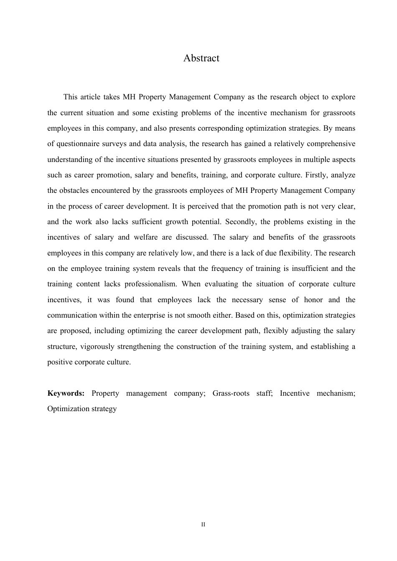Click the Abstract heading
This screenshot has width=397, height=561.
click(201, 58)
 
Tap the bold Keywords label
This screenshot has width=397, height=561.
click(66, 393)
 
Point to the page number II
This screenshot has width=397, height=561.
click(203, 525)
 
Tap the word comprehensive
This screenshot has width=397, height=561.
click(331, 144)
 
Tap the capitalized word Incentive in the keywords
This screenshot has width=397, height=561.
click(295, 393)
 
